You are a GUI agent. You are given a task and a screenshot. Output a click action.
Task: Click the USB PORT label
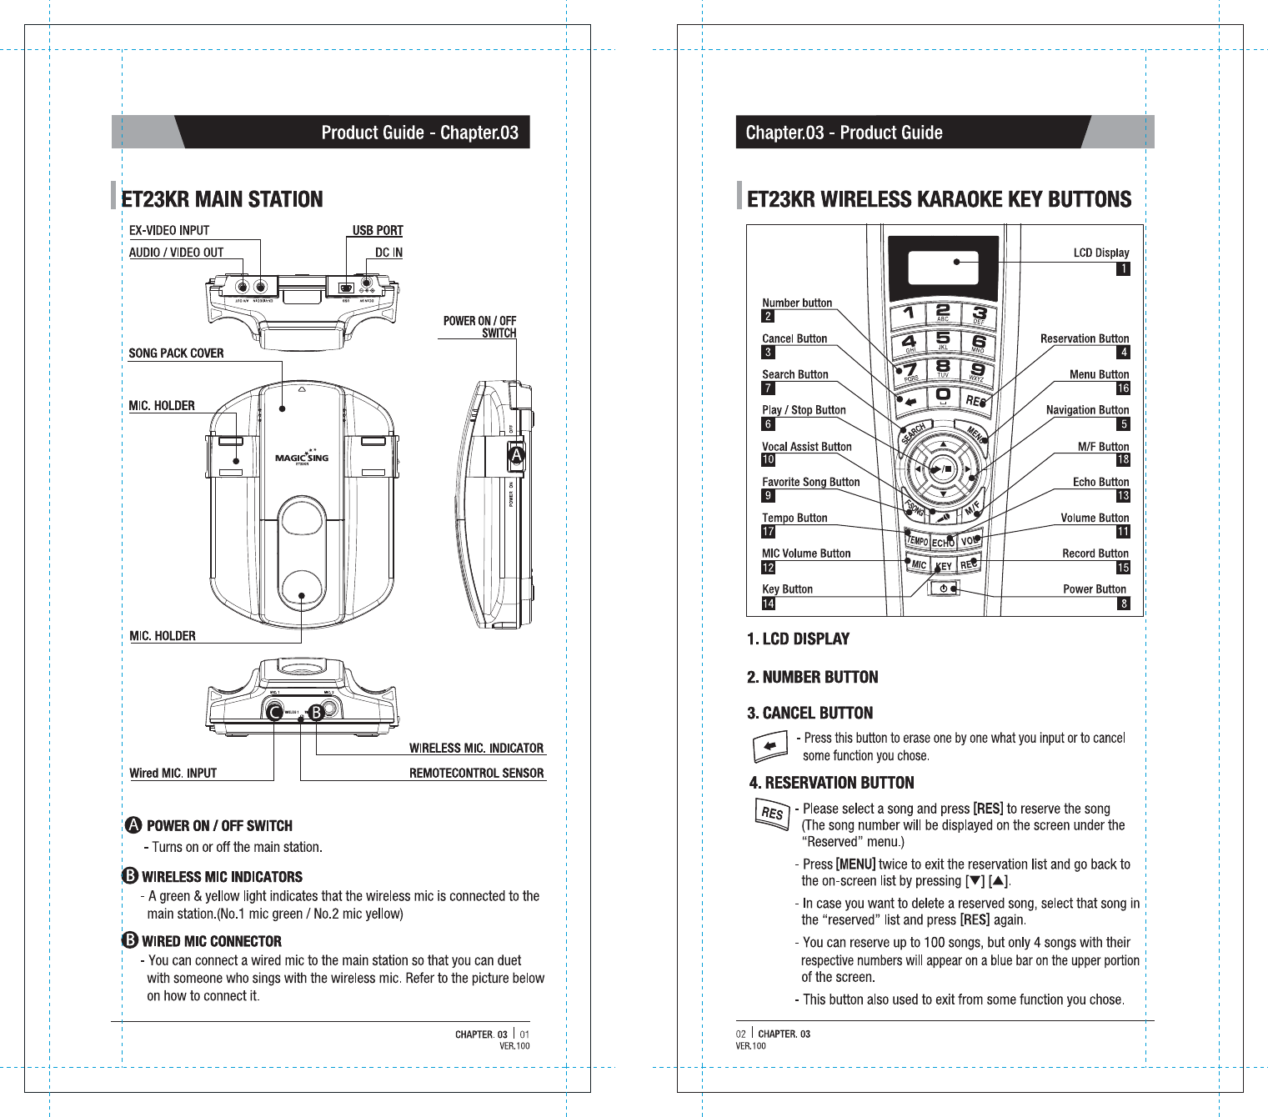click(378, 231)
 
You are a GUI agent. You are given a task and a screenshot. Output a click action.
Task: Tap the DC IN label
click(388, 253)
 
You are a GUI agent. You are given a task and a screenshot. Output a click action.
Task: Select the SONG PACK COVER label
click(176, 353)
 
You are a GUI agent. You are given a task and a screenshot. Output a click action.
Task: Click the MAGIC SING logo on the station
click(302, 458)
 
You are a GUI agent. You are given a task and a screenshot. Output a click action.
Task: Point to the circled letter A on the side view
click(516, 456)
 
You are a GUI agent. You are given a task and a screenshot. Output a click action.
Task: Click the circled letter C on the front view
click(273, 712)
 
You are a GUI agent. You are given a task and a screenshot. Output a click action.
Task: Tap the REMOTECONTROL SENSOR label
click(476, 774)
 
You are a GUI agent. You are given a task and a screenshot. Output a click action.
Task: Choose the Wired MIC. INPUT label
click(173, 774)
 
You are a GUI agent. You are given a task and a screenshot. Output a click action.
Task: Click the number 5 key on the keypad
click(943, 341)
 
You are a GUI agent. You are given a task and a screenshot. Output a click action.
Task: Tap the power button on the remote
click(943, 589)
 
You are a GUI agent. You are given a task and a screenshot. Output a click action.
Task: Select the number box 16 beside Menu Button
click(1123, 388)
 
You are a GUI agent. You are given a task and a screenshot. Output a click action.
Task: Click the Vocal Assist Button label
click(806, 447)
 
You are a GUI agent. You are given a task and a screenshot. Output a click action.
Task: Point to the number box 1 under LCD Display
click(1123, 268)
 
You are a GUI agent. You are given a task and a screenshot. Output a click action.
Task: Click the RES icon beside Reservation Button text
click(772, 813)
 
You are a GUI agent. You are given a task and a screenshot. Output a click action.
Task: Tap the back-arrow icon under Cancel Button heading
click(770, 745)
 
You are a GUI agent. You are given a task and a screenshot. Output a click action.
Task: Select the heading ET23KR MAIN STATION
click(222, 199)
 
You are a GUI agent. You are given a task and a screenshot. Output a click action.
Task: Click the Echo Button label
click(1100, 483)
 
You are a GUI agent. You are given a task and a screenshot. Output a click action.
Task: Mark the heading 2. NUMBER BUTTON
click(812, 677)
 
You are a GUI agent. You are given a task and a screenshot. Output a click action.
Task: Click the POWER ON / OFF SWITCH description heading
click(219, 826)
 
